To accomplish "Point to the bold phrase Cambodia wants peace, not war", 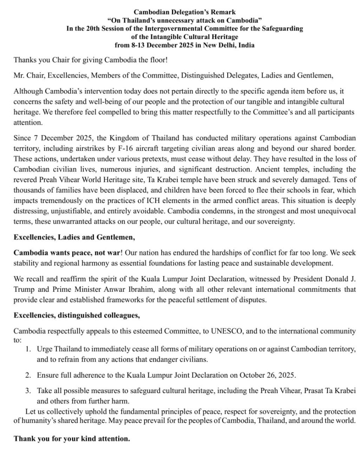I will click(66, 252).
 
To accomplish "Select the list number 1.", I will click(28, 349).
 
